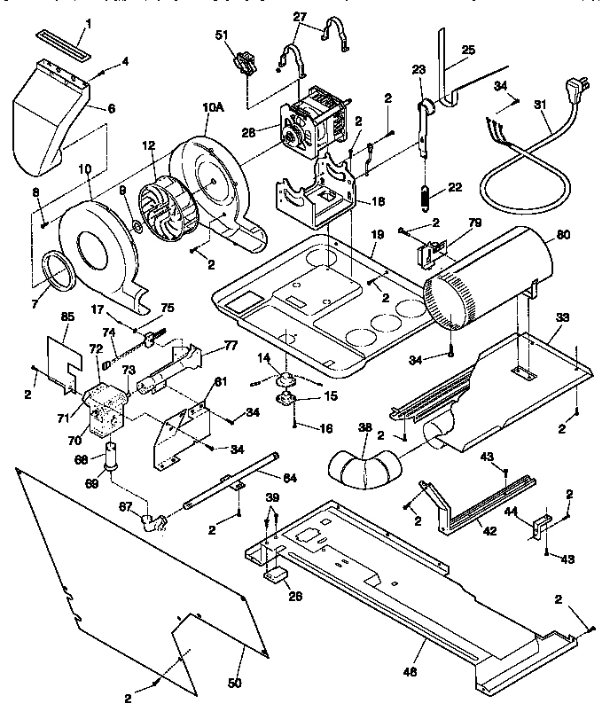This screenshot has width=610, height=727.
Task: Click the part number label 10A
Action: (x=212, y=107)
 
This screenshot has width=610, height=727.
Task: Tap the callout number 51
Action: (x=222, y=35)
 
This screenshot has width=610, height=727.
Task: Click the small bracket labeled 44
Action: (x=536, y=528)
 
